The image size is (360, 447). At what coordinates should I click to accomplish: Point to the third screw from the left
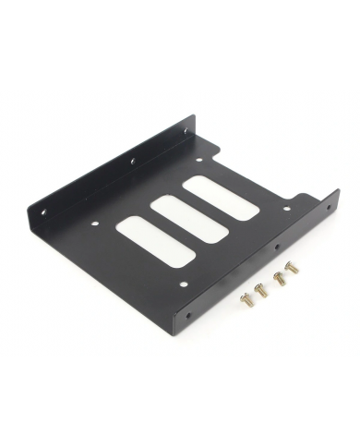coord(278,275)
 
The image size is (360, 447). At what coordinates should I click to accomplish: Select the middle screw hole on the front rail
coord(276,249)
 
